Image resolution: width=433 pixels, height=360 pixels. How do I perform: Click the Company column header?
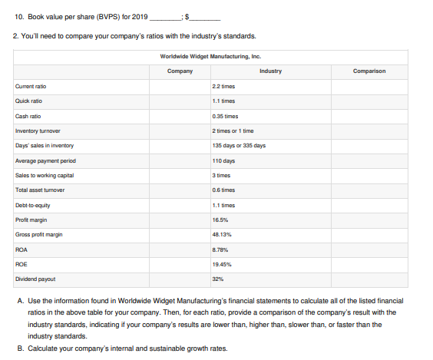click(179, 71)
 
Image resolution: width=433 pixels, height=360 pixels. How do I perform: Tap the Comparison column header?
click(369, 71)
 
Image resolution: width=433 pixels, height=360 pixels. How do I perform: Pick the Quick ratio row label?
click(28, 102)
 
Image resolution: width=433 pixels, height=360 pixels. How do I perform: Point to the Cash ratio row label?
click(28, 116)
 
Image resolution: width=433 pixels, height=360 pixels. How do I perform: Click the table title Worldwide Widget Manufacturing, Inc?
click(210, 56)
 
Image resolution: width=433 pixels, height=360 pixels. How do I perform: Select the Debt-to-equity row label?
click(33, 205)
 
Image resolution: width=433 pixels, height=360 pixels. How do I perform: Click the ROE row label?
click(22, 263)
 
